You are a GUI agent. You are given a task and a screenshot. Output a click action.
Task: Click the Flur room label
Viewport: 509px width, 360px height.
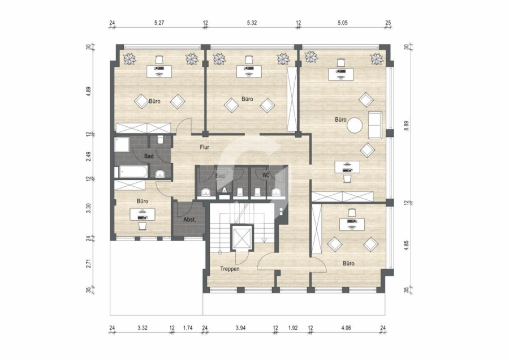(x=205, y=147)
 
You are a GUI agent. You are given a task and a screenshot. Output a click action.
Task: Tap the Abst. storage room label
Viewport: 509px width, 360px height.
(x=189, y=220)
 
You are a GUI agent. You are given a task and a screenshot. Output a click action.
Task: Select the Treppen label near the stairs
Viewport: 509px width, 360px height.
(x=230, y=269)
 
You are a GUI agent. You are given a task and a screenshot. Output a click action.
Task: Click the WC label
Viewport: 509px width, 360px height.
(x=266, y=175)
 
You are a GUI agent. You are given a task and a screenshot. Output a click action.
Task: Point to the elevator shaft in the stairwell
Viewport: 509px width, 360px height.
(x=242, y=238)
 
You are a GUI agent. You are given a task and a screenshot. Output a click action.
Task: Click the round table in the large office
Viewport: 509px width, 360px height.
(x=355, y=125)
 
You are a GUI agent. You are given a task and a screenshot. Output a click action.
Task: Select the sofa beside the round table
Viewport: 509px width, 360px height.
(x=375, y=125)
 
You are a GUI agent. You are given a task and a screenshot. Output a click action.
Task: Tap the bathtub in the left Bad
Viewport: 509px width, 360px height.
(x=133, y=172)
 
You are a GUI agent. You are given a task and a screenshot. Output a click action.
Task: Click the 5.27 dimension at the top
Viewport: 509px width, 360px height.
(x=159, y=23)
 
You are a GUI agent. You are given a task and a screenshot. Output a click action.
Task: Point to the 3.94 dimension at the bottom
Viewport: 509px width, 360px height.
(x=240, y=328)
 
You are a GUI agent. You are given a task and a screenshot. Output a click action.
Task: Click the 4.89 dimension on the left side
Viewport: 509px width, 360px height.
(x=88, y=91)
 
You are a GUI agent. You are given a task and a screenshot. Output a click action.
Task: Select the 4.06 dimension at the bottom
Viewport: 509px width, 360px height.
(x=346, y=328)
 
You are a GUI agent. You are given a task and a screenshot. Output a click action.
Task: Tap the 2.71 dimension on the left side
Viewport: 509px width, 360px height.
(x=88, y=263)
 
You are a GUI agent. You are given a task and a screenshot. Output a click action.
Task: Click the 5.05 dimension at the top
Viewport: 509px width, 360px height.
(x=343, y=23)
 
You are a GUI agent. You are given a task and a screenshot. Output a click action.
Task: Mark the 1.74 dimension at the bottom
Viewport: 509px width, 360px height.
(x=188, y=328)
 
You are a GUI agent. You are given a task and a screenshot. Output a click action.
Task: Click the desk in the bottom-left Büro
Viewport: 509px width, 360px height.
(x=142, y=215)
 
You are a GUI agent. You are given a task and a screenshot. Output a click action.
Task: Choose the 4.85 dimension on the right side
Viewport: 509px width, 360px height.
(x=406, y=245)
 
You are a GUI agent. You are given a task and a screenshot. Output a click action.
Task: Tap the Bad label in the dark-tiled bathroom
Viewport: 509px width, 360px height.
(x=149, y=156)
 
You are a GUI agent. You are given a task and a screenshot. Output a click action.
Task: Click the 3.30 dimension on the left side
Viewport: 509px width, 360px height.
(x=88, y=208)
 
